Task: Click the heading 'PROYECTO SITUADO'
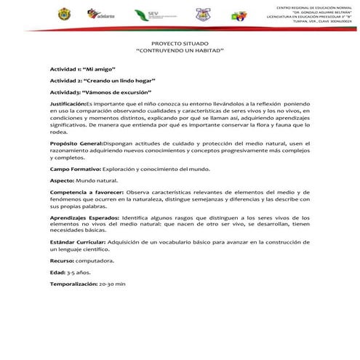coord(179,44)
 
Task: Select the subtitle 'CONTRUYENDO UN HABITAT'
coord(180,52)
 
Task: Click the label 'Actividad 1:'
coord(66,68)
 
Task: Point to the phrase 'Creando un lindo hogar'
coord(121,80)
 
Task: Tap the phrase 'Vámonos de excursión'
coord(120,93)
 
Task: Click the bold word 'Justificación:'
coord(68,105)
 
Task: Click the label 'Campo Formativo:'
coord(76,169)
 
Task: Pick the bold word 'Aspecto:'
coord(62,180)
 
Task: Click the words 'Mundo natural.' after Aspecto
coord(96,180)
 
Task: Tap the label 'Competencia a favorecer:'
coord(87,193)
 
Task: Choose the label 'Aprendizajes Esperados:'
coord(84,217)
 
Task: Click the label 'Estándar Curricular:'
coord(79,242)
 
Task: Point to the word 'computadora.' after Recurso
coord(94,260)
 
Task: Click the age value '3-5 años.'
coord(77,271)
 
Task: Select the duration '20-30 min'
coord(112,284)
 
